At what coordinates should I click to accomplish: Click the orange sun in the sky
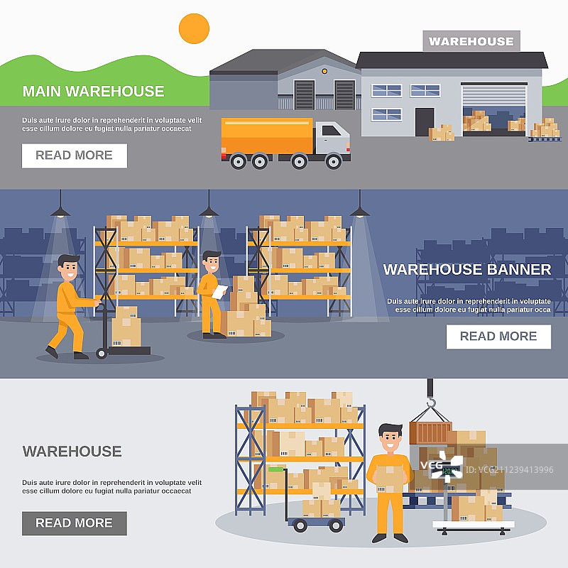click(194, 28)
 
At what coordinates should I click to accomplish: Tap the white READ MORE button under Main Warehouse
click(75, 155)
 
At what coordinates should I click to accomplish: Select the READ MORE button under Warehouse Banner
click(498, 337)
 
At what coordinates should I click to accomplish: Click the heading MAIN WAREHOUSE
click(93, 91)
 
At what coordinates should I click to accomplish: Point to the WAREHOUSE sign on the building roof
click(471, 41)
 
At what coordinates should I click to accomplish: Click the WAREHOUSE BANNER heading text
click(466, 270)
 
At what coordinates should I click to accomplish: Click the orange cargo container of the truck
click(267, 136)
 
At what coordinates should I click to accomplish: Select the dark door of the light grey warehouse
click(425, 121)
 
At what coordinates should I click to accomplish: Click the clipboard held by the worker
click(221, 290)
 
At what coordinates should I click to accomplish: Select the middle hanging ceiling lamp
click(209, 211)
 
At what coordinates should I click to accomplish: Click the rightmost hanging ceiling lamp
click(360, 211)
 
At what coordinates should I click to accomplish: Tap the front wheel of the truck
click(334, 161)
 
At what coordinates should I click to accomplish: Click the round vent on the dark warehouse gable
click(324, 71)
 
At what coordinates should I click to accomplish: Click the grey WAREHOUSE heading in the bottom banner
click(72, 451)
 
